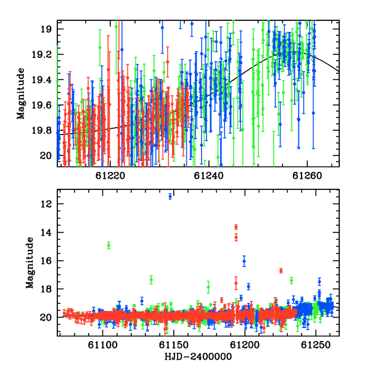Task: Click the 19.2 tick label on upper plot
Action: (x=41, y=54)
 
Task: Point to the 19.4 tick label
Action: (x=41, y=80)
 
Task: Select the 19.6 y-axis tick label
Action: (x=41, y=105)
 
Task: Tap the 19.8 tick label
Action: (x=41, y=131)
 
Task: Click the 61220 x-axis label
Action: (x=110, y=176)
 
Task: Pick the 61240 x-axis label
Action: (x=208, y=176)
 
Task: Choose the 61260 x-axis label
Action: (x=307, y=176)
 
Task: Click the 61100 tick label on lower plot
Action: (x=102, y=345)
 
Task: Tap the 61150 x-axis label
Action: (x=174, y=345)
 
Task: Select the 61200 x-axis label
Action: (x=245, y=345)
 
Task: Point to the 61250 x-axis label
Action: (x=316, y=345)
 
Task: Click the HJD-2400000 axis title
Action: (x=198, y=356)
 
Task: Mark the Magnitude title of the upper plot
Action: (x=21, y=94)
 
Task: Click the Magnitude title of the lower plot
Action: (x=30, y=263)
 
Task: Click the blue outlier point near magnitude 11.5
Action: (x=170, y=196)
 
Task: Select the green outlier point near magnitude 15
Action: (x=109, y=245)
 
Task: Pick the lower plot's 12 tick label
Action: (x=46, y=204)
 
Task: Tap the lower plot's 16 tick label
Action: (x=46, y=261)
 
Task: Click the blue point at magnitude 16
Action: (x=244, y=261)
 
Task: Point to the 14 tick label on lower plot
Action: (x=46, y=232)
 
